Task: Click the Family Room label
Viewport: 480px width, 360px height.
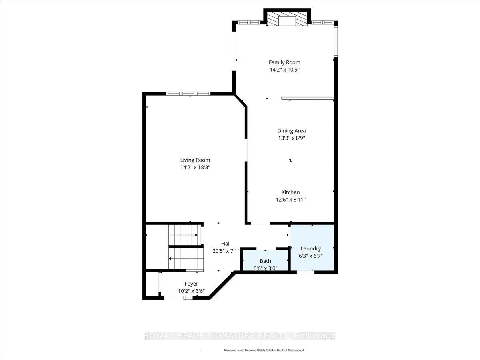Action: coord(284,62)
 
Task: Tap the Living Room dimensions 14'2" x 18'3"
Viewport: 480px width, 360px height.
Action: coord(195,168)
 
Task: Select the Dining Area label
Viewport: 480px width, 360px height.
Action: coord(292,131)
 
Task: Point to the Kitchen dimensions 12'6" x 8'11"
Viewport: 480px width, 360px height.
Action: coord(290,200)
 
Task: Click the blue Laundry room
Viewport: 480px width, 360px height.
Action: coord(312,248)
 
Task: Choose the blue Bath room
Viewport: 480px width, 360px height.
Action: coord(266,260)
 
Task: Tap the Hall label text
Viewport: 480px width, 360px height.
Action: coord(226,244)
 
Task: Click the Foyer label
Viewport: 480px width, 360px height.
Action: coord(191,284)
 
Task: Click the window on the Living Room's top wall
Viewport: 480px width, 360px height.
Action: coord(188,94)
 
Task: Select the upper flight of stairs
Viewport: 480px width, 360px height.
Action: coord(185,235)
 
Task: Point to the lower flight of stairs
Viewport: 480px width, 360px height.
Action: coord(186,258)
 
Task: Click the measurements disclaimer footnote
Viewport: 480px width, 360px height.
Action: coord(264,350)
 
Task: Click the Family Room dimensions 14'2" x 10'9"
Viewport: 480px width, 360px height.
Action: coord(284,70)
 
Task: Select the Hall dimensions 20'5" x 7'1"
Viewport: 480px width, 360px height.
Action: coord(226,251)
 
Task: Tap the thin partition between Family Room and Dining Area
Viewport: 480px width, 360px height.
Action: coord(308,98)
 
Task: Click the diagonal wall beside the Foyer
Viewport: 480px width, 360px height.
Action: coord(222,285)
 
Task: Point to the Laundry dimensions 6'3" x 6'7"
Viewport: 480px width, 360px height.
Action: coord(311,256)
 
